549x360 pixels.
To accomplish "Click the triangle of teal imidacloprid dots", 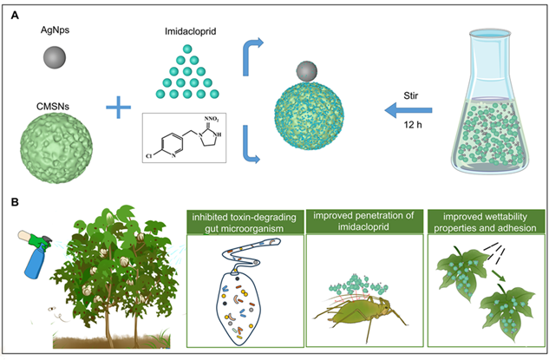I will point(183,75).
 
